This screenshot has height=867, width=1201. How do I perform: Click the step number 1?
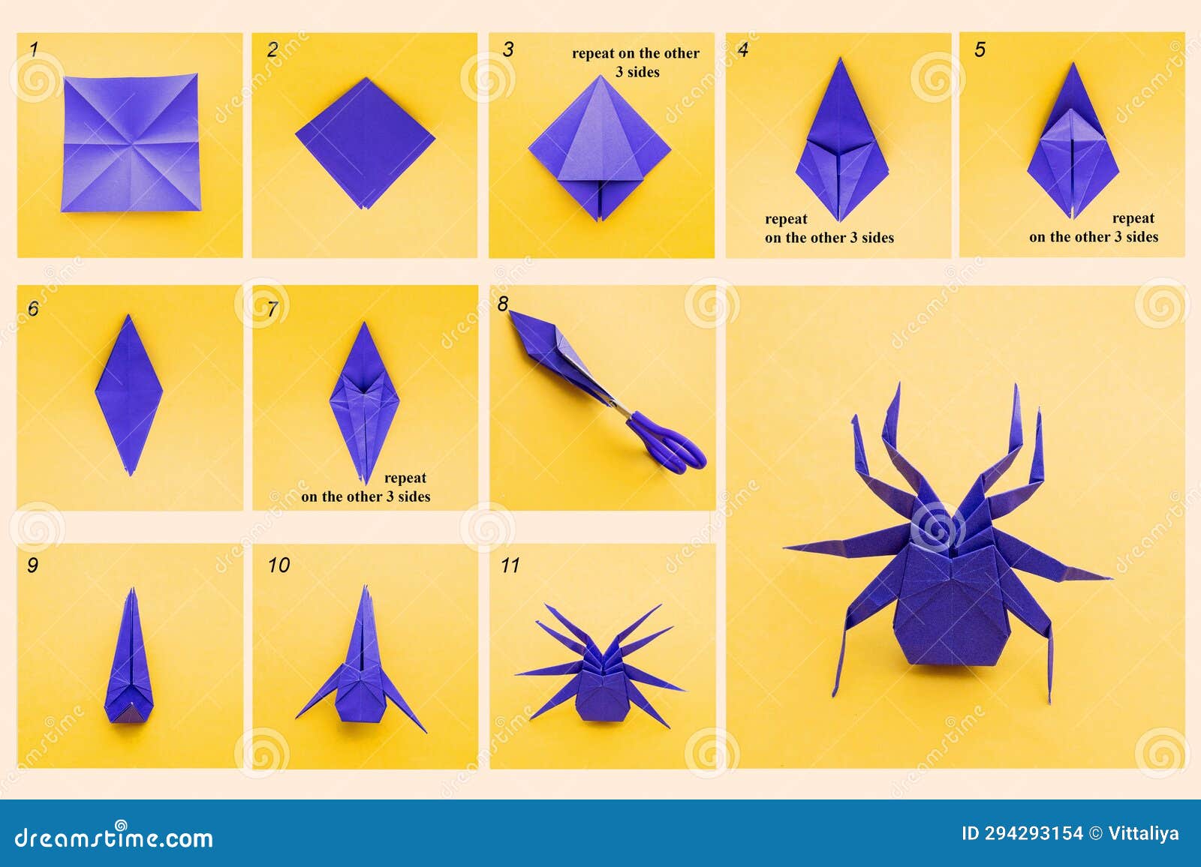tap(33, 50)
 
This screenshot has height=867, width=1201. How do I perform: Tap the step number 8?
tap(503, 304)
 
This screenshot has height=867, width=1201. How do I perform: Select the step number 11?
tap(510, 565)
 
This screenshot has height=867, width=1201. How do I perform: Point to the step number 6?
tap(32, 308)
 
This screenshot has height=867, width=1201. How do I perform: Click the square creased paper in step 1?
tap(131, 142)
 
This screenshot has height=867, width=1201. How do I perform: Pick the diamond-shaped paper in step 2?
tap(366, 142)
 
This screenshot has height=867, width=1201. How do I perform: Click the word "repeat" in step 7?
tap(405, 478)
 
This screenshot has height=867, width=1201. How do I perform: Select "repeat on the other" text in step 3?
tap(635, 53)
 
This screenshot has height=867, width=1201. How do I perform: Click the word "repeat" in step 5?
tap(1133, 218)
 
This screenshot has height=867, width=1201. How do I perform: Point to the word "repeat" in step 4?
tap(786, 219)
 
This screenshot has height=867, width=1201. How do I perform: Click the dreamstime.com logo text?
tap(114, 838)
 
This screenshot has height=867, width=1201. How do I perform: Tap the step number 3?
tap(508, 50)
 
